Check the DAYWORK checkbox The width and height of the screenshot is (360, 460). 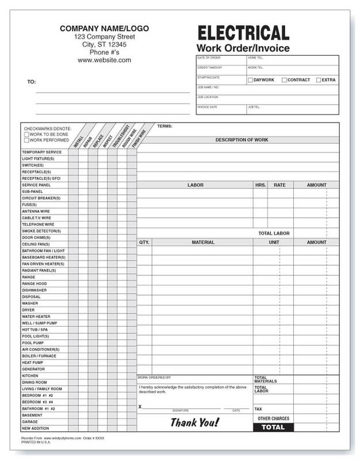250,80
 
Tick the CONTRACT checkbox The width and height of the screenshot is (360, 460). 284,80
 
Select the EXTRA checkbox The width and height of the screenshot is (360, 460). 319,80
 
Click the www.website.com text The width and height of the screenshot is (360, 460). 105,60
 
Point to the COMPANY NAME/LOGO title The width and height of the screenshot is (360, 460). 105,27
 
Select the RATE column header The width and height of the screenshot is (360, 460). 279,185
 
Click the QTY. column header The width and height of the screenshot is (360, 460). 144,243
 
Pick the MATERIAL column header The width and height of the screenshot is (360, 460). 203,243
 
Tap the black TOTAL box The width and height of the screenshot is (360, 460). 273,427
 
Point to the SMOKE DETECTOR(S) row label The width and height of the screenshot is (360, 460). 41,231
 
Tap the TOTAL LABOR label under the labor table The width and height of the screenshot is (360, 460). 274,233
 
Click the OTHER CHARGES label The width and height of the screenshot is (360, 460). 273,419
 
